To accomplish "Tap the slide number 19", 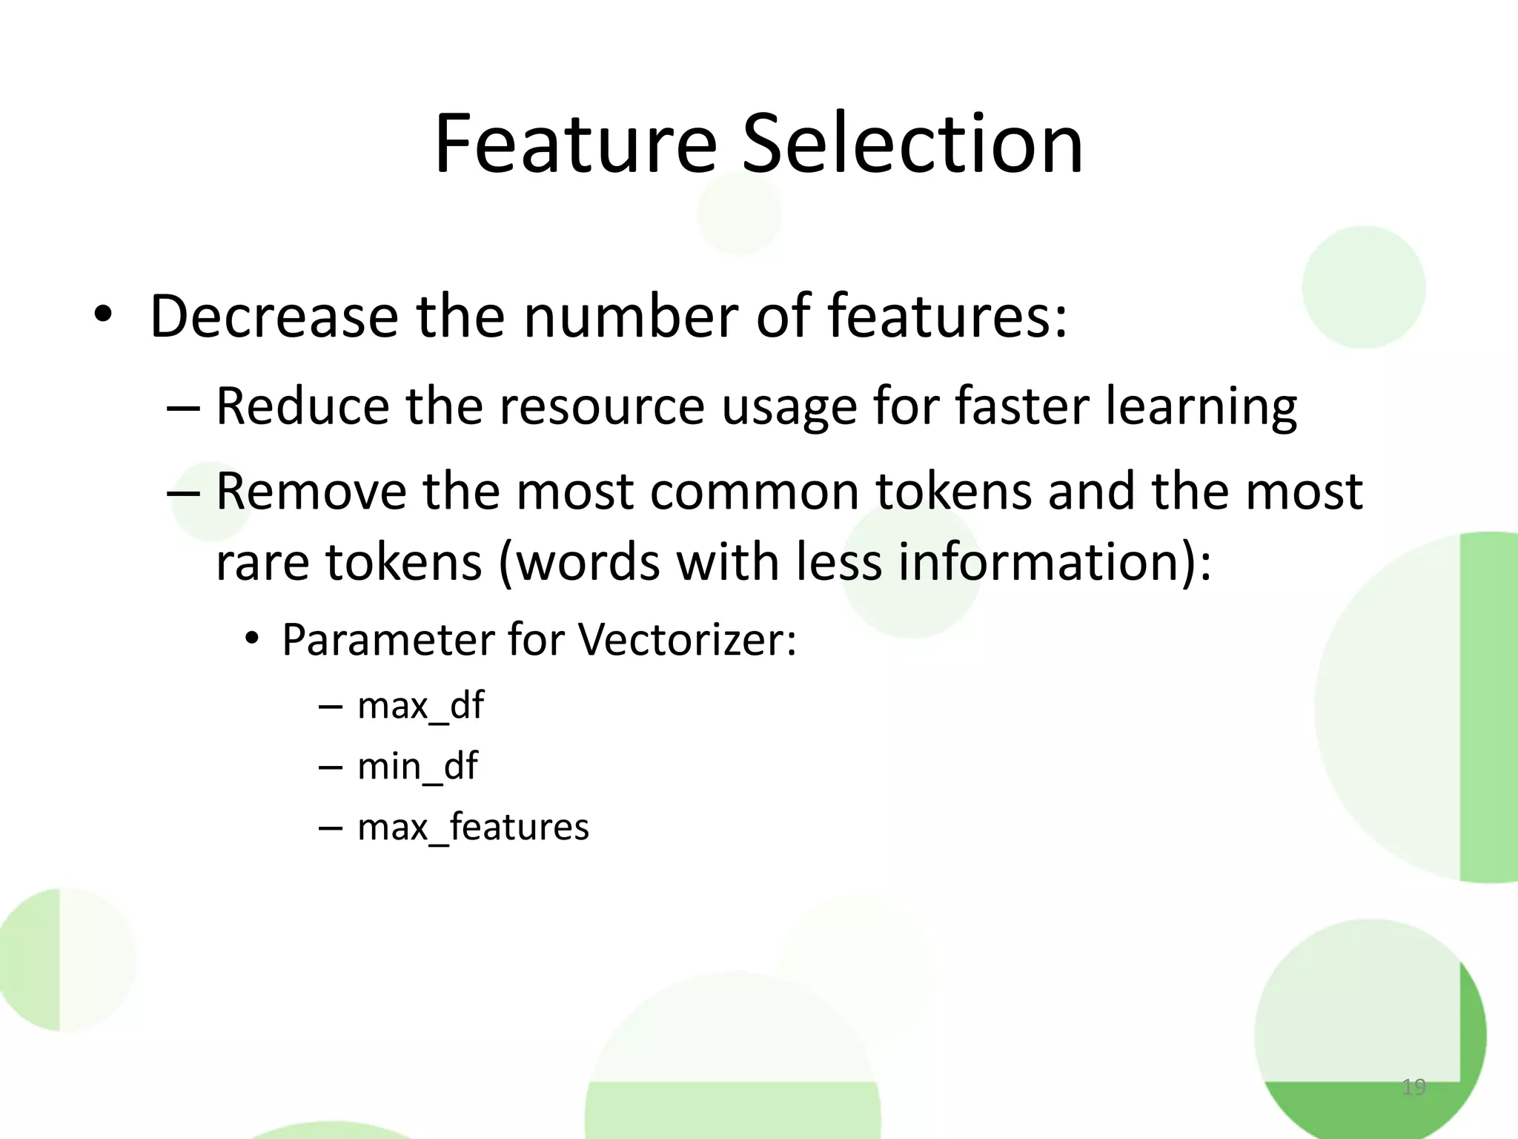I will (1413, 1087).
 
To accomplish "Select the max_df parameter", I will (420, 705).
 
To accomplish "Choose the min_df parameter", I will (417, 766).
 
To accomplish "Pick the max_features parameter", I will (473, 827).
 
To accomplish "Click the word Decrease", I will (274, 317).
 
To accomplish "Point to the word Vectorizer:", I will (687, 639).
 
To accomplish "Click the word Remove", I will (311, 492).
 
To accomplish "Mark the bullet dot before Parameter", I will (252, 639).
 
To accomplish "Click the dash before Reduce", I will (183, 408).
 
